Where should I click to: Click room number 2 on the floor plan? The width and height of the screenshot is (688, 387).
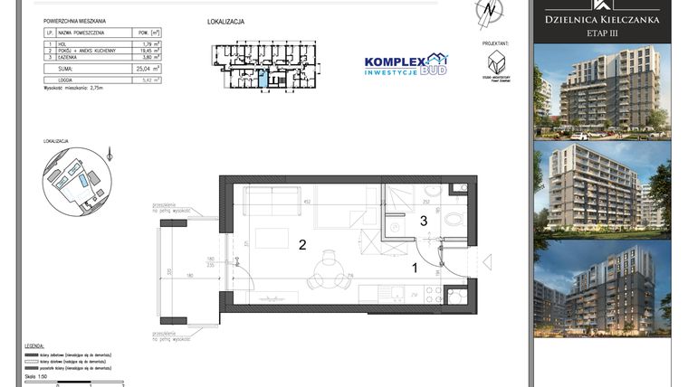pyautogui.click(x=302, y=244)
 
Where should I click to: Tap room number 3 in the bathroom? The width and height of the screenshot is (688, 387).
pyautogui.click(x=422, y=220)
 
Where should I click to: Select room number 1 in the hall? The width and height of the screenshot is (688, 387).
pyautogui.click(x=416, y=268)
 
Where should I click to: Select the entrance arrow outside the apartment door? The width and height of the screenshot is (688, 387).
pyautogui.click(x=489, y=263)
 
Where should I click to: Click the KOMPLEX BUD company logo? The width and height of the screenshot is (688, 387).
pyautogui.click(x=405, y=64)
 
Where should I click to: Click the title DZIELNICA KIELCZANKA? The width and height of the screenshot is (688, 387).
pyautogui.click(x=601, y=18)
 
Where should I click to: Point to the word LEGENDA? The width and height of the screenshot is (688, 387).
pyautogui.click(x=34, y=346)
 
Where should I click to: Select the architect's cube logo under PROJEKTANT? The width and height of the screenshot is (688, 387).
pyautogui.click(x=494, y=63)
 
